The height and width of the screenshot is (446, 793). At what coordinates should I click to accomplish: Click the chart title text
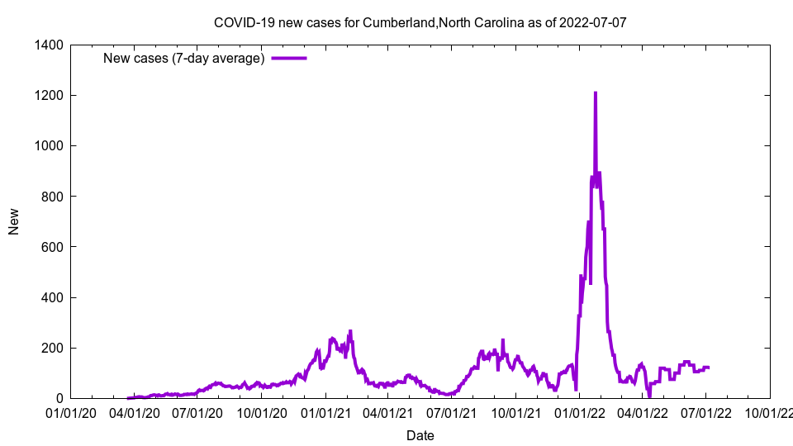click(420, 22)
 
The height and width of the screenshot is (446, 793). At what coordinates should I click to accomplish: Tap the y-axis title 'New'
click(14, 221)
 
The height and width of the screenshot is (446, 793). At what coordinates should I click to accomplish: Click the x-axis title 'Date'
click(420, 435)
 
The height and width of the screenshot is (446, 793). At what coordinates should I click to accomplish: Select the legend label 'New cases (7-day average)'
click(183, 58)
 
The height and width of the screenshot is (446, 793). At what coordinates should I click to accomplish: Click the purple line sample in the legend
click(289, 58)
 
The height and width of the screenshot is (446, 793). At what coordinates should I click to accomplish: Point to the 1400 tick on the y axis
click(50, 45)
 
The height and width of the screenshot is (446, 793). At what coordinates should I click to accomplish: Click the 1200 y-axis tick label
click(50, 95)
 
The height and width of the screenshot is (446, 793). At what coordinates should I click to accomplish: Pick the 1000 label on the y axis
click(50, 145)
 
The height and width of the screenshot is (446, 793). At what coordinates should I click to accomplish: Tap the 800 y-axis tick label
click(54, 196)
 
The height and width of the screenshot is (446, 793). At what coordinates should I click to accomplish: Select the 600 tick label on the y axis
click(54, 246)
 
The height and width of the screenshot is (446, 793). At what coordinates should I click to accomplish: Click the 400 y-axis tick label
click(54, 297)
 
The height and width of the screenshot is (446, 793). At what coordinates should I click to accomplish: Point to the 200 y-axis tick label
click(54, 348)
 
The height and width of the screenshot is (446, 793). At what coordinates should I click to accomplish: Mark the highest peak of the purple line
click(595, 93)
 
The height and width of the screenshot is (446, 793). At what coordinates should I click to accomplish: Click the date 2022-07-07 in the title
click(592, 22)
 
